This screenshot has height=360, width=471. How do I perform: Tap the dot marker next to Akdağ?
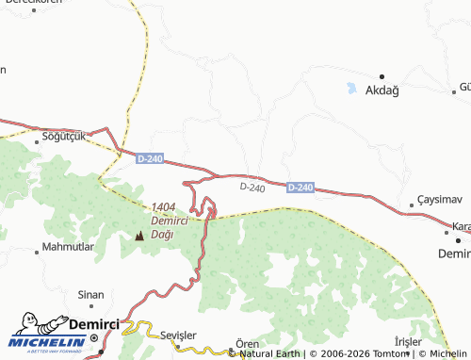(x=382, y=76)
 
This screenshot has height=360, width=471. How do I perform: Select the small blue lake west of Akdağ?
(x=351, y=90)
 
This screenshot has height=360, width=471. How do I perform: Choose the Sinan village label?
(x=90, y=294)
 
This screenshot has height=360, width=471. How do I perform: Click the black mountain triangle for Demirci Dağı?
(x=140, y=235)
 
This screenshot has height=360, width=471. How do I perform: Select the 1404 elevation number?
(x=163, y=207)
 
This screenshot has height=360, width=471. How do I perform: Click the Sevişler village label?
(x=178, y=336)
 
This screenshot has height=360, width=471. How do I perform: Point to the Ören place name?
(x=247, y=343)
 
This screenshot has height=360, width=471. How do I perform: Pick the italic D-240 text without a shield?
(x=252, y=188)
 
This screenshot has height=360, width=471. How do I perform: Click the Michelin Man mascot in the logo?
(x=28, y=325)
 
